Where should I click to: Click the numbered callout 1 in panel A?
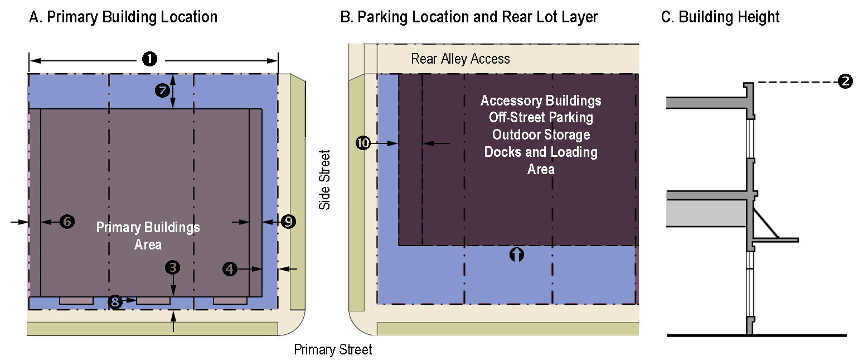(x=149, y=59)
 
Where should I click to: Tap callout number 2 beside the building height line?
(x=845, y=82)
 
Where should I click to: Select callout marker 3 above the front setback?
(x=173, y=267)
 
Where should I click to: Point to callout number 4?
(x=229, y=269)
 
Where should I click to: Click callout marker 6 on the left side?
(x=67, y=222)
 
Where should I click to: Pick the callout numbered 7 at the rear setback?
(x=163, y=91)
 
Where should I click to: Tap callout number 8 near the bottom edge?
(x=115, y=302)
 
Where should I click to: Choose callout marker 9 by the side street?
(x=288, y=222)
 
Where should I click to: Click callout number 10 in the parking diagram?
(x=363, y=143)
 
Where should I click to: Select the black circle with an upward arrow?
(x=517, y=255)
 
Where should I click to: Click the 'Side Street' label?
(x=324, y=179)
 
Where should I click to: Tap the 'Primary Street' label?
(x=333, y=350)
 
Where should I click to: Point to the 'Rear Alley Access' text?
(x=460, y=59)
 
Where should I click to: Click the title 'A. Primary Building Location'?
(x=123, y=17)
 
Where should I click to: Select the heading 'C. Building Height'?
(x=720, y=17)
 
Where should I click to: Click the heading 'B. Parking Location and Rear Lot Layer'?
(x=469, y=17)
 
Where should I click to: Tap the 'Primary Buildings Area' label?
(x=148, y=236)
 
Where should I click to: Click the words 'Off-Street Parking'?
(x=541, y=118)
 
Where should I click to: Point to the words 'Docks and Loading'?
(x=541, y=152)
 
